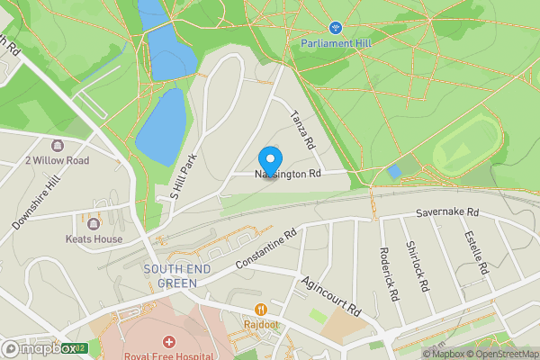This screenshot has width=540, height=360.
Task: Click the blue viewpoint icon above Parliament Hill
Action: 335,28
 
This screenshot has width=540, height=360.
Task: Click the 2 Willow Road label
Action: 58,161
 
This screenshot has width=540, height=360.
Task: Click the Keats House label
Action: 94,239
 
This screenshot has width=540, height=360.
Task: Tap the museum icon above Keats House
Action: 94,223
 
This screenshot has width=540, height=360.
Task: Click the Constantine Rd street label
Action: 265,249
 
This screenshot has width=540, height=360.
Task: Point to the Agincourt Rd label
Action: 331,296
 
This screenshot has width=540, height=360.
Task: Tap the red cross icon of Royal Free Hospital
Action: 168,342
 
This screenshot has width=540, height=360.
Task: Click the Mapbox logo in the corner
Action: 40,348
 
